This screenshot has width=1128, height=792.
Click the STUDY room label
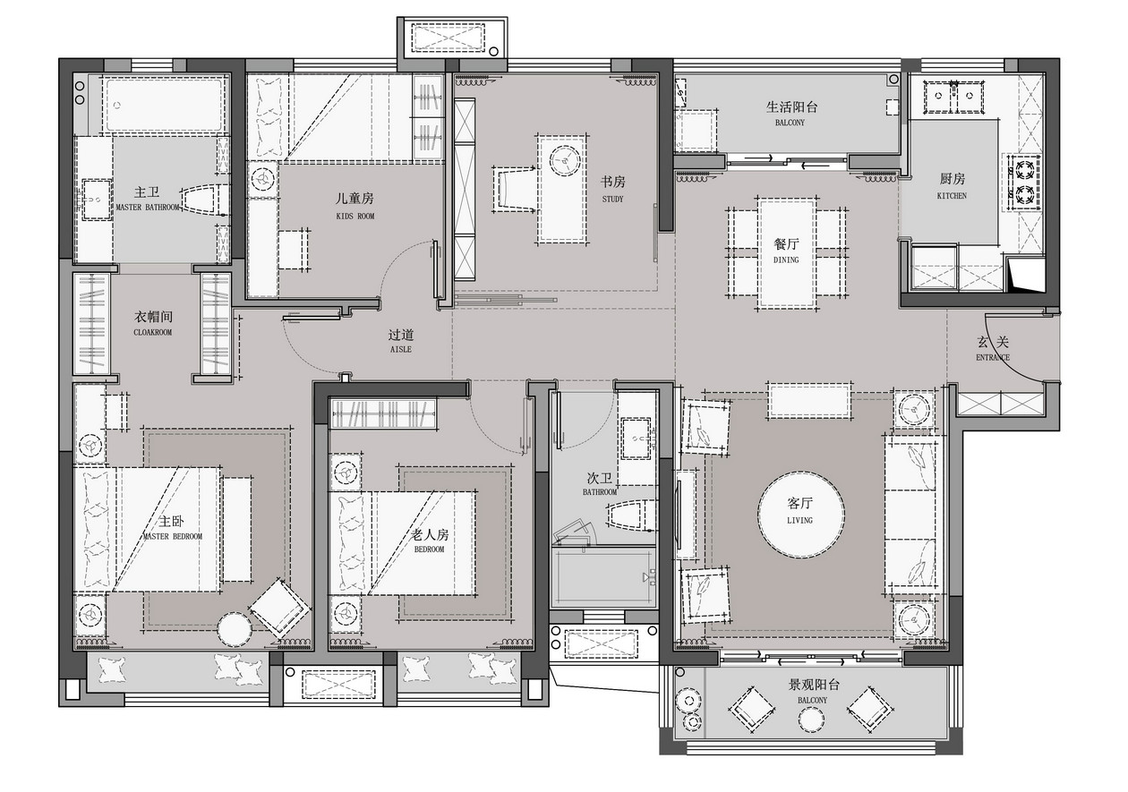tap(612, 200)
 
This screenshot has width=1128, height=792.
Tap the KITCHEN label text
tap(952, 196)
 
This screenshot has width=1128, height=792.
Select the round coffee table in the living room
tap(801, 514)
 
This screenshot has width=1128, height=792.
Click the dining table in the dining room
tap(788, 252)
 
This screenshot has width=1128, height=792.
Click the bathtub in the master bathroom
tap(163, 106)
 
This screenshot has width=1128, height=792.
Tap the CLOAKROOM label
tap(152, 332)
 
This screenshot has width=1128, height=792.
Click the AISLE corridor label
tap(401, 349)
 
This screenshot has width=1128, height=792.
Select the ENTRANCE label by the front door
tap(993, 357)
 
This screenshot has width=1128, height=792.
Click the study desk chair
tap(513, 190)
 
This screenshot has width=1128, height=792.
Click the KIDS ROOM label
tap(355, 217)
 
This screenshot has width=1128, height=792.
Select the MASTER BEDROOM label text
tap(173, 537)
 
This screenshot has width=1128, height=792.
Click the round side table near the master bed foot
tap(235, 629)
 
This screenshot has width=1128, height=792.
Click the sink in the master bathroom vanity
tap(96, 200)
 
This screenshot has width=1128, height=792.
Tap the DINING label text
tap(786, 260)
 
